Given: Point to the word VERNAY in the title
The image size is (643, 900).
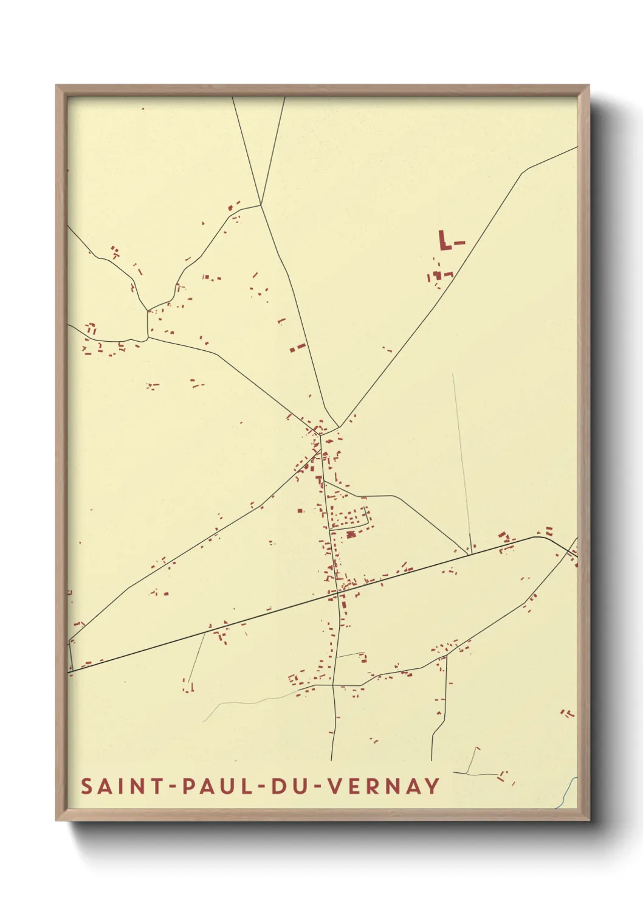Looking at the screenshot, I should [x=384, y=786].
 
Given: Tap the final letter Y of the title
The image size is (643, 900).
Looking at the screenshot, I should [x=432, y=786].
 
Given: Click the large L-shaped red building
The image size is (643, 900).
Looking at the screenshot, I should [x=444, y=240].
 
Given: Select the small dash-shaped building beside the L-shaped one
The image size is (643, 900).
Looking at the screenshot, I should [x=459, y=243].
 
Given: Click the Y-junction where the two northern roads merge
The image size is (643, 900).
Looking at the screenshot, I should [x=261, y=204].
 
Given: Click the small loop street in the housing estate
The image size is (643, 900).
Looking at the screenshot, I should [x=366, y=517].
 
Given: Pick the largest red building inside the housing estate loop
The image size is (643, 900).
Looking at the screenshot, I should [x=350, y=535].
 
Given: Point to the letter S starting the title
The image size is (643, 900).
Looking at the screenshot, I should [x=86, y=786].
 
